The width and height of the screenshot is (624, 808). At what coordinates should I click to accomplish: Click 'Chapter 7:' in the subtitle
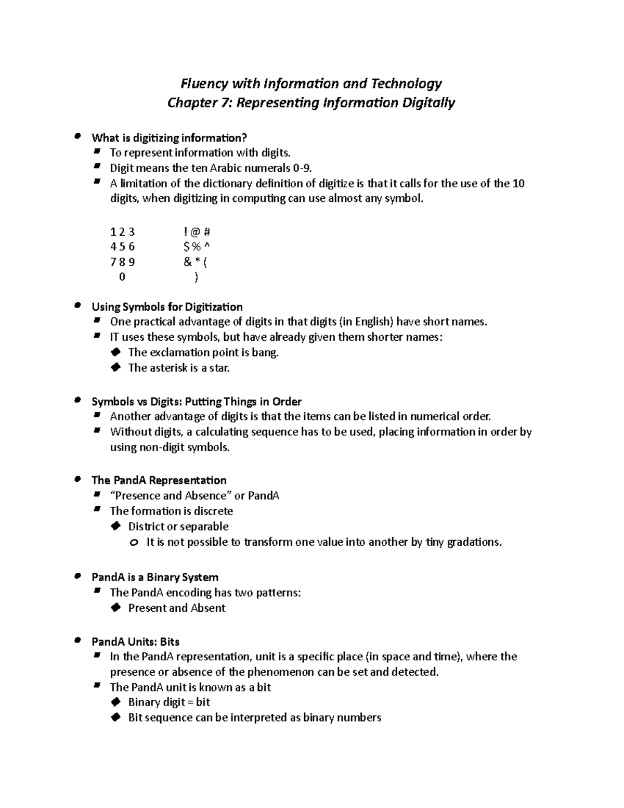pos(200,103)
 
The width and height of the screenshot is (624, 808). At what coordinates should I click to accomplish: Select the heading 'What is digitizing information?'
pos(169,138)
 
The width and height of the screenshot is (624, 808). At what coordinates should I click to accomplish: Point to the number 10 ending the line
pos(518,183)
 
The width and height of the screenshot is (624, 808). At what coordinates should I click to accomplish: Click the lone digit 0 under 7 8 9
pos(122,277)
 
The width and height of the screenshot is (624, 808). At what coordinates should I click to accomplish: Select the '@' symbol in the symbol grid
pos(195,232)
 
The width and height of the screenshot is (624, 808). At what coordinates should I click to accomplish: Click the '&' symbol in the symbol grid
pos(187,262)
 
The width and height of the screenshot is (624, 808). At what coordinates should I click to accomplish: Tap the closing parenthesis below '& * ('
pos(196,277)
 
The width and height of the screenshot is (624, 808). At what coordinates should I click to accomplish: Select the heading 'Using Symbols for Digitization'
pos(167,307)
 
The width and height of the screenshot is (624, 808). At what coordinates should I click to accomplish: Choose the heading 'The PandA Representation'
pos(159,480)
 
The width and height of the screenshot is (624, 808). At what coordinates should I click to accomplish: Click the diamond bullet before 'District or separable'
pos(116,526)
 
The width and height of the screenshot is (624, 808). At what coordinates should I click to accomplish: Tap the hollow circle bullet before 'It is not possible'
pos(134,543)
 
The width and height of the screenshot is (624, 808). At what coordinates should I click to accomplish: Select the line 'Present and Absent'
pos(177,608)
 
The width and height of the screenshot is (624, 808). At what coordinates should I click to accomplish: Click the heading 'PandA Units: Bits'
pos(135,642)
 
